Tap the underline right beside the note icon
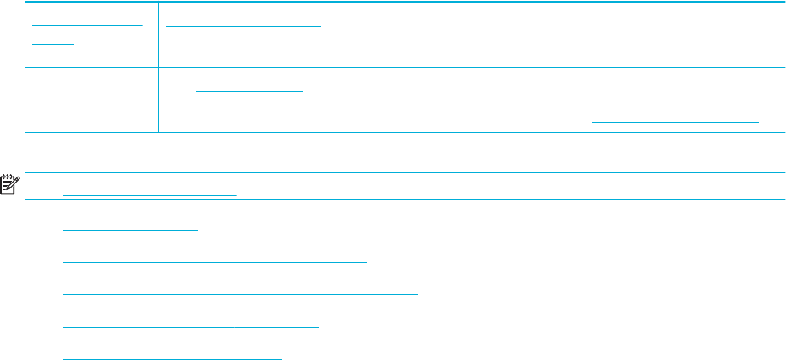coord(150,194)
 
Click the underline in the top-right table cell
coord(243,24)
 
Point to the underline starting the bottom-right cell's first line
coord(248,90)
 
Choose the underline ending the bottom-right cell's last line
coord(674,122)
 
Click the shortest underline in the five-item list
coord(129,228)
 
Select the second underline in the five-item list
coord(215,261)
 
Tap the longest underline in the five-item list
coord(241,293)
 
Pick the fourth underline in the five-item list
coord(191,325)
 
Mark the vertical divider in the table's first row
coord(158,34)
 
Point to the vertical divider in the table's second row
coord(158,100)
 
